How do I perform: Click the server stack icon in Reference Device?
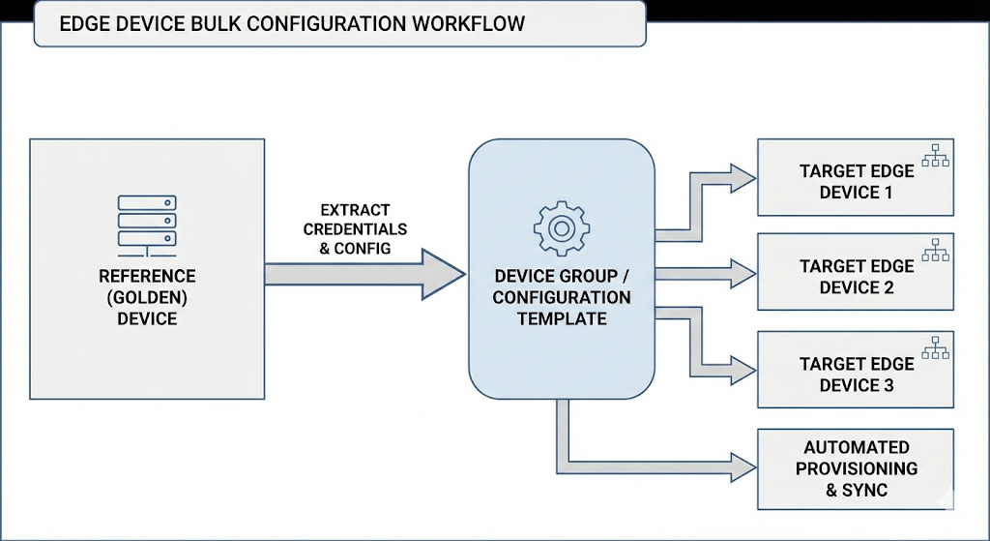click(147, 222)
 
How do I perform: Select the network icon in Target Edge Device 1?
click(935, 156)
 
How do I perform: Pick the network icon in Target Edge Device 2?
click(935, 251)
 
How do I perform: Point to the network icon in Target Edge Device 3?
click(935, 348)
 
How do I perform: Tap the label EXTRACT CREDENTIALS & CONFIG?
click(355, 229)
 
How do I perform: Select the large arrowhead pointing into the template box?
click(443, 274)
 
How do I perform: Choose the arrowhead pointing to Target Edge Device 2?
click(742, 274)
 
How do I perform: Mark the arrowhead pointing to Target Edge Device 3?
click(742, 370)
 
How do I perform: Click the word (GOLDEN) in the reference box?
click(147, 297)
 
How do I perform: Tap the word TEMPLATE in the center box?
click(562, 318)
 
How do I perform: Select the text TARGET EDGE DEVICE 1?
click(856, 182)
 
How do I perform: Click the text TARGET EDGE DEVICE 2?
click(856, 277)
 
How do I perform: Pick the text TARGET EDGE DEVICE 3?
click(856, 375)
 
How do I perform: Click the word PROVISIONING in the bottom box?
click(856, 468)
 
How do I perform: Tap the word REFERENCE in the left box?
click(147, 277)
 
